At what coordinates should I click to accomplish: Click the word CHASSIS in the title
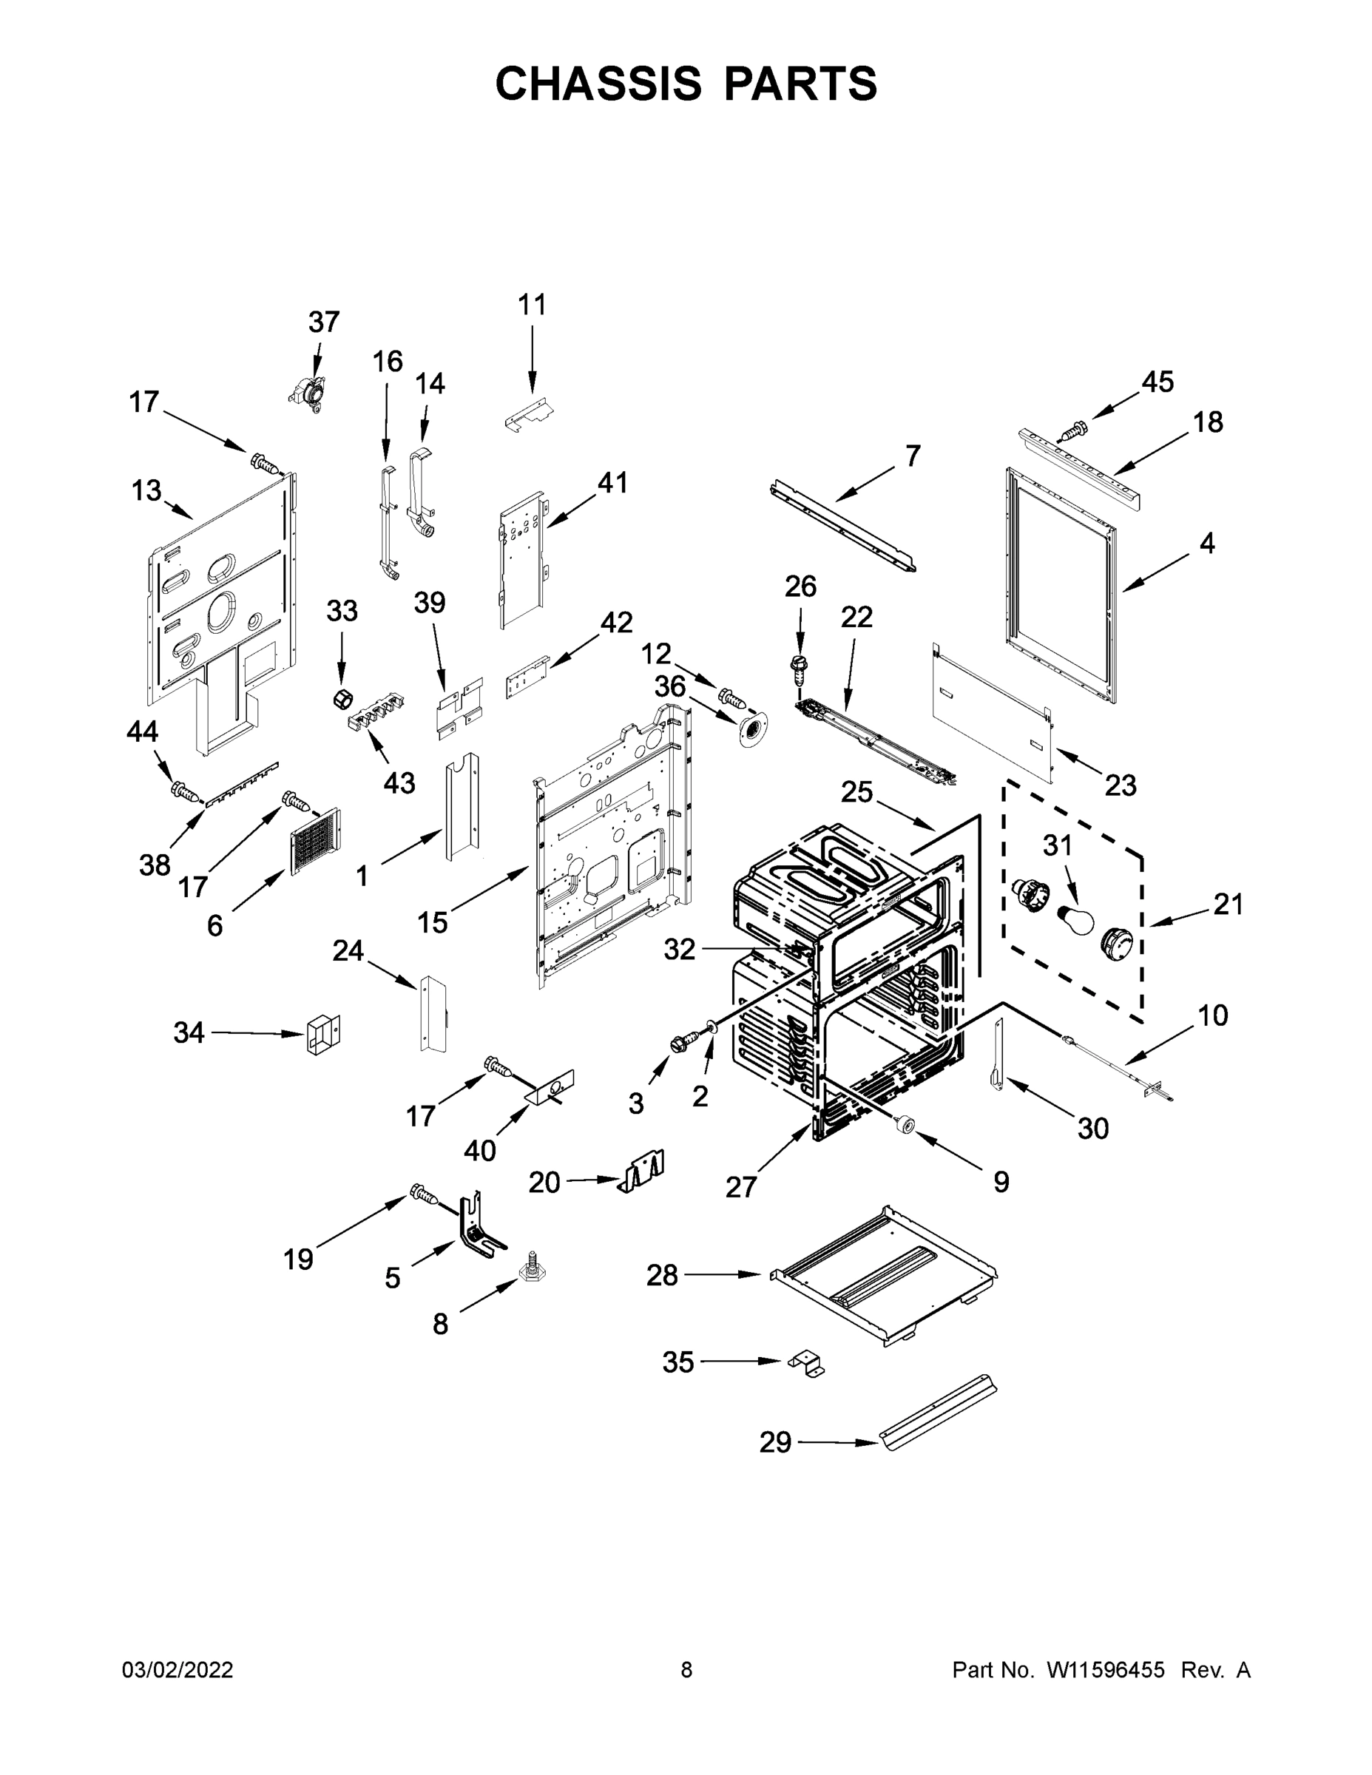pyautogui.click(x=598, y=84)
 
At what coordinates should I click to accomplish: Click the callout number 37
pyautogui.click(x=323, y=322)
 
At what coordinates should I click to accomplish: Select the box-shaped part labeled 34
pyautogui.click(x=323, y=1034)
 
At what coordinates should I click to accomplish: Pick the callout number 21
pyautogui.click(x=1228, y=904)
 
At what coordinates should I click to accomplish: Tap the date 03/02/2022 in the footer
pyautogui.click(x=178, y=1671)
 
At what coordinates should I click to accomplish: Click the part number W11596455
pyautogui.click(x=1106, y=1671)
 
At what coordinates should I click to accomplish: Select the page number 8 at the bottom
pyautogui.click(x=686, y=1671)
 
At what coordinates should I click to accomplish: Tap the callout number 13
pyautogui.click(x=146, y=491)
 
